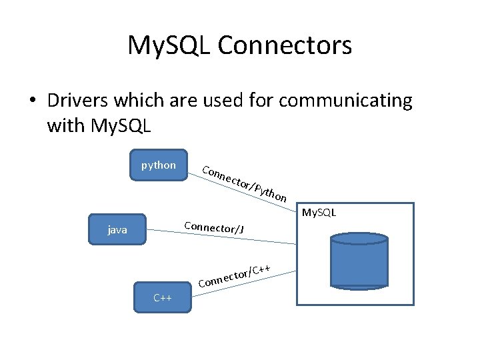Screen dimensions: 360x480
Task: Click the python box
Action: pos(159,165)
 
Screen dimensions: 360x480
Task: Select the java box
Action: pos(118,230)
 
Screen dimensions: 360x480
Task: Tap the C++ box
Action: pos(163,297)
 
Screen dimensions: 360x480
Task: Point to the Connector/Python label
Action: pos(245,183)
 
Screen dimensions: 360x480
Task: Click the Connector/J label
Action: pos(214,226)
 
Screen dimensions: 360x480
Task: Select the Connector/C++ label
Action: pos(234,275)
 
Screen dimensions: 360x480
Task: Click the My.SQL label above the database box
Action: pos(319,213)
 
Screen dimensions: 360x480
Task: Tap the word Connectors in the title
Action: pos(285,45)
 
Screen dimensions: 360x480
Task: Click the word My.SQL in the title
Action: pos(169,45)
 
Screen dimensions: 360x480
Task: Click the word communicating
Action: pos(346,101)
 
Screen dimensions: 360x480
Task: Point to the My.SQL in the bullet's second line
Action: pos(123,125)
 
